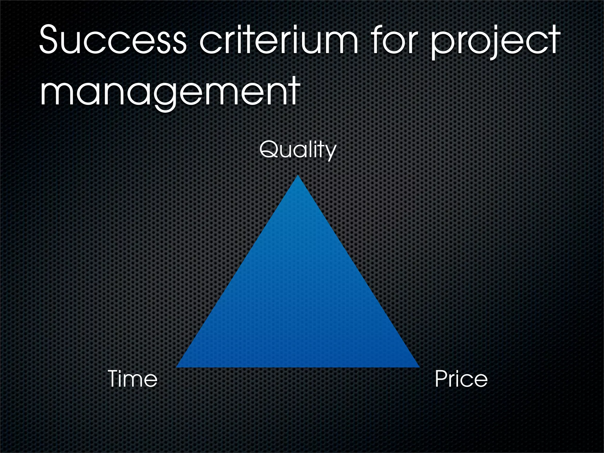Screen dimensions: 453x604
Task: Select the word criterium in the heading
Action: (x=279, y=40)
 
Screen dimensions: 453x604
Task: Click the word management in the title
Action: (x=170, y=91)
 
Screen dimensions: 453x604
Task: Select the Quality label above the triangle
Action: (x=298, y=150)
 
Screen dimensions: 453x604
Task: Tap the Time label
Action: (x=133, y=379)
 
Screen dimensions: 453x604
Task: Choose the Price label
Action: (x=461, y=379)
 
